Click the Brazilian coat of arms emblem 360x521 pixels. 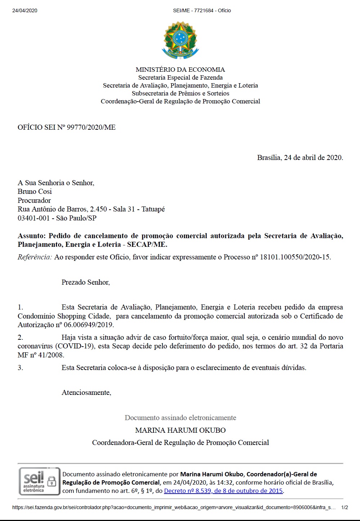pyautogui.click(x=180, y=40)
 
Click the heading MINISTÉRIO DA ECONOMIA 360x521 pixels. pyautogui.click(x=180, y=70)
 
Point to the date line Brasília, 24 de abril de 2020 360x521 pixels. pyautogui.click(x=300, y=157)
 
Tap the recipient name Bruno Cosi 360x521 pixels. pyautogui.click(x=35, y=191)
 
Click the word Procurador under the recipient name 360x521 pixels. pyautogui.click(x=34, y=200)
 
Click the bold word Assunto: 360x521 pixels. pyautogui.click(x=32, y=236)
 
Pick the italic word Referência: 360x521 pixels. pyautogui.click(x=35, y=257)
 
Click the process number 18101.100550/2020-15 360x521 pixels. pyautogui.click(x=294, y=257)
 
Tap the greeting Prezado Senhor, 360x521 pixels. pyautogui.click(x=86, y=282)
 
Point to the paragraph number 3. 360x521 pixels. pyautogui.click(x=20, y=368)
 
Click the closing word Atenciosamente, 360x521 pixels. pyautogui.click(x=86, y=393)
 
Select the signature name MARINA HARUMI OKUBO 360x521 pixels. pyautogui.click(x=180, y=430)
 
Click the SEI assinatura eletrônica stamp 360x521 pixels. pyautogui.click(x=39, y=481)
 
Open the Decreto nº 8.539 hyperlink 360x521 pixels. pyautogui.click(x=223, y=491)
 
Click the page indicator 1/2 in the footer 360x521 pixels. pyautogui.click(x=345, y=507)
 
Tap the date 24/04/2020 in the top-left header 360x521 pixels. pyautogui.click(x=25, y=10)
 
